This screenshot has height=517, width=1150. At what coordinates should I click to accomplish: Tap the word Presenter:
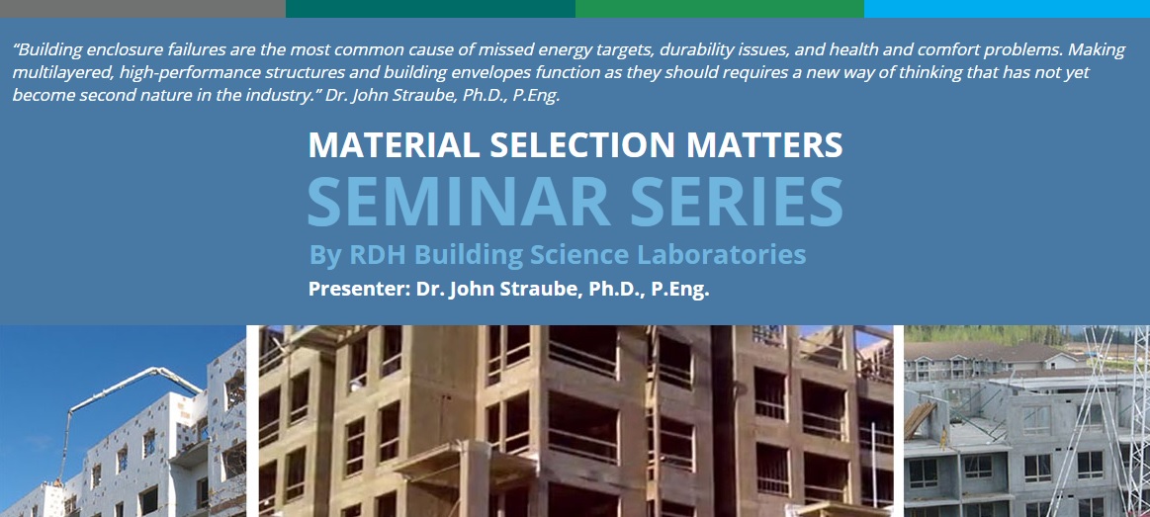[351, 290]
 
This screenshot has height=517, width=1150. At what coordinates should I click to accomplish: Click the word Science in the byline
[584, 255]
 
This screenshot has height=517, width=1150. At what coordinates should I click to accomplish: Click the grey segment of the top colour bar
[142, 8]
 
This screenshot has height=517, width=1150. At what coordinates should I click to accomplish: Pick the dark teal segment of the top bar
[430, 8]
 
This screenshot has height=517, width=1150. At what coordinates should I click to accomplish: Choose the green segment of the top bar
[719, 8]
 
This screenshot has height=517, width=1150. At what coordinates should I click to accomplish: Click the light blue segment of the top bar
[1007, 8]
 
